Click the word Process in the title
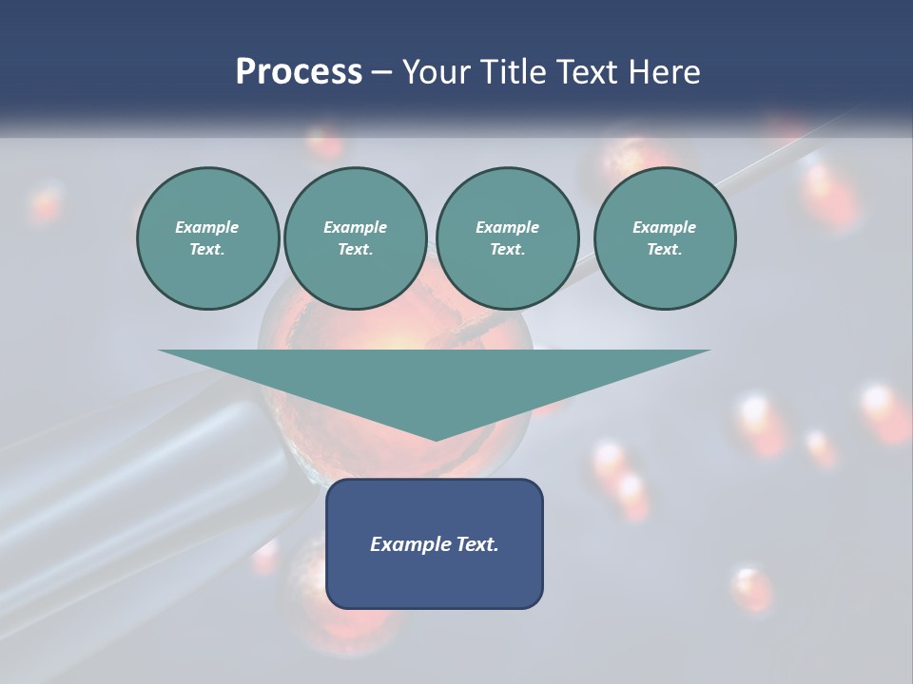(x=299, y=72)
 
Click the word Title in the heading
(x=509, y=72)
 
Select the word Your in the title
(x=436, y=72)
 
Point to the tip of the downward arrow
(x=435, y=439)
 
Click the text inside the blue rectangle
(x=435, y=544)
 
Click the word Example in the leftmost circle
(x=207, y=227)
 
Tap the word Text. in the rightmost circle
(x=664, y=250)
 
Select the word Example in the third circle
(x=507, y=227)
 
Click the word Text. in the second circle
(x=355, y=250)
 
